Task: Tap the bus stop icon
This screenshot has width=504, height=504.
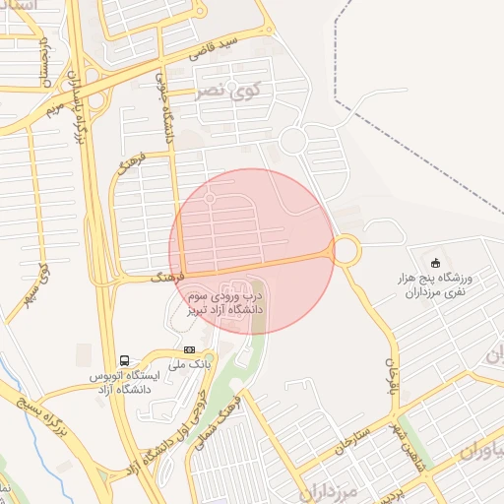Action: pos(125,360)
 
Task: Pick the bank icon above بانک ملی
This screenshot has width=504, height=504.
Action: pos(189,349)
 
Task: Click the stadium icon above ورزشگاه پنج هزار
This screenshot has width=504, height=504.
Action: pos(435,261)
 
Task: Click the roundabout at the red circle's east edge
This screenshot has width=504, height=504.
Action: pos(346,250)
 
